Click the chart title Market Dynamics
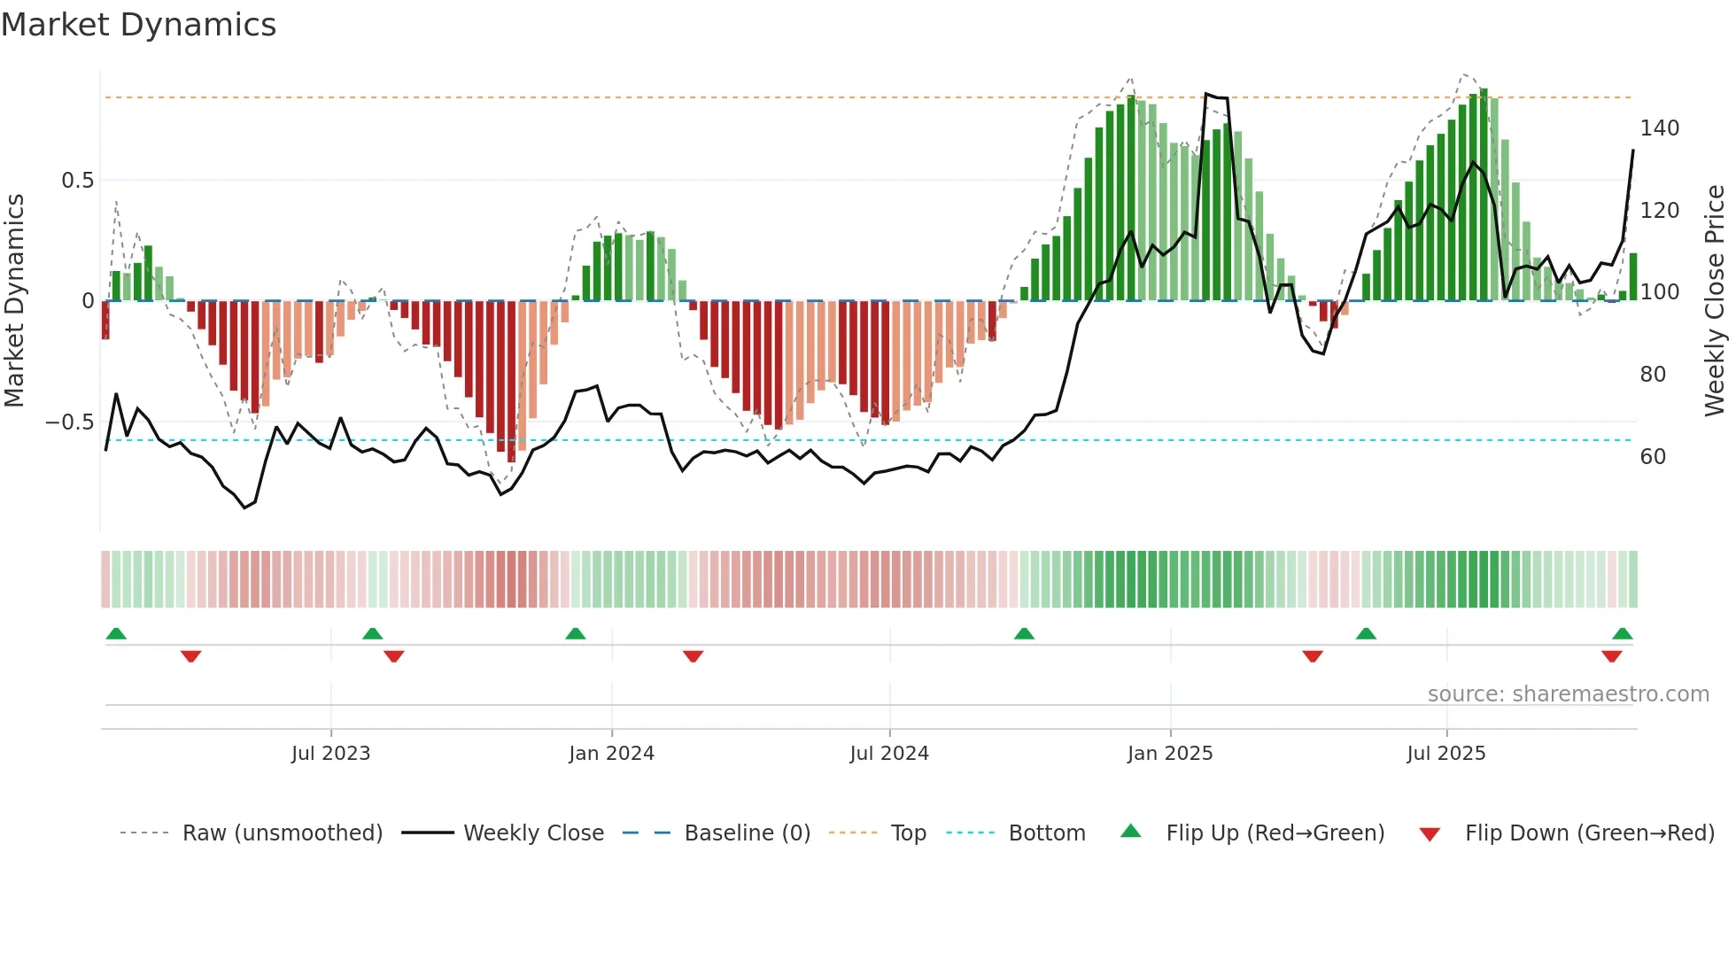138,25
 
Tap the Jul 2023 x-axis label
330,754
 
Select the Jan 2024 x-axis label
611,754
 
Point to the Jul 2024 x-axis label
889,754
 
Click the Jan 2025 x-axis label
1169,754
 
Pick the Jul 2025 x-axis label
1445,754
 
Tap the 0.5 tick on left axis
78,181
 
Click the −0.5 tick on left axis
70,422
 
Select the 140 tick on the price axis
1659,128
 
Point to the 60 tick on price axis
1653,457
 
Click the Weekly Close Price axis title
1715,301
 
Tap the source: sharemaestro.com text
1568,694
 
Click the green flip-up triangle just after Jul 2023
373,633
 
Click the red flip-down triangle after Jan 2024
694,656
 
